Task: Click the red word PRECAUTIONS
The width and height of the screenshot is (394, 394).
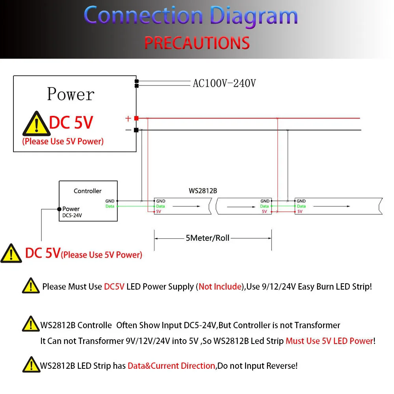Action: pyautogui.click(x=197, y=43)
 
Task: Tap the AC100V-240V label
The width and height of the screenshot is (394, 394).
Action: pyautogui.click(x=224, y=84)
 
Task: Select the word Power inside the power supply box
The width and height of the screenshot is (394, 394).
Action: pyautogui.click(x=71, y=95)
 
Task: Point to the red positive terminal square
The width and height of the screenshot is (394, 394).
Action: pyautogui.click(x=136, y=118)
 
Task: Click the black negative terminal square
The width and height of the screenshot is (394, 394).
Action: pyautogui.click(x=136, y=130)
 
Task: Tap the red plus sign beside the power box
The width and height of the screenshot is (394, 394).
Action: pyautogui.click(x=128, y=118)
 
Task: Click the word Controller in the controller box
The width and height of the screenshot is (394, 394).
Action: pyautogui.click(x=87, y=191)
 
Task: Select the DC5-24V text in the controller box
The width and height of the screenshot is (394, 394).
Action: pyautogui.click(x=72, y=216)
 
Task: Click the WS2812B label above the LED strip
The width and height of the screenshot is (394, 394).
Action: pyautogui.click(x=203, y=191)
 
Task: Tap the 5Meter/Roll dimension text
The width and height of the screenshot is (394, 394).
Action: pyautogui.click(x=208, y=238)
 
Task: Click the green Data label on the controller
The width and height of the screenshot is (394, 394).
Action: pyautogui.click(x=110, y=206)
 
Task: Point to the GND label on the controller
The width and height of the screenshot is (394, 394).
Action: pyautogui.click(x=110, y=201)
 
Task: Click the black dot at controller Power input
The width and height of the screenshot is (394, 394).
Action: pyautogui.click(x=59, y=209)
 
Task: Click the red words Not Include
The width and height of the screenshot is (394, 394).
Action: pyautogui.click(x=220, y=287)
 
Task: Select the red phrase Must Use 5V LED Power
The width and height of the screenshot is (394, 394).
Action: pyautogui.click(x=329, y=341)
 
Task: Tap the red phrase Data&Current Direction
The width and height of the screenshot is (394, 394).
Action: pyautogui.click(x=171, y=366)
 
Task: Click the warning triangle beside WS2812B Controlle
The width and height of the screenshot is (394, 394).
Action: pyautogui.click(x=31, y=324)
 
